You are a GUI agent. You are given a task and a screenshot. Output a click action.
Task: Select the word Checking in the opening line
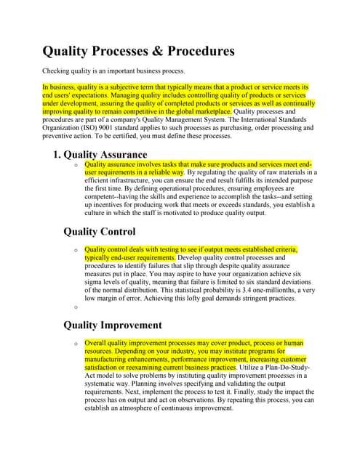coord(60,71)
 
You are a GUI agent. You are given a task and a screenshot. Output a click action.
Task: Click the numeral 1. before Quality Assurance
coord(57,154)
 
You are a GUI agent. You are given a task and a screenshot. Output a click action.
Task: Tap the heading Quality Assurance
coord(105,154)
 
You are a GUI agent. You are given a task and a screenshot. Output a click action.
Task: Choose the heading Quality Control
coord(100,232)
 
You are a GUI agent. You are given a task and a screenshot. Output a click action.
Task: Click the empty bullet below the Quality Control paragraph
coord(76,307)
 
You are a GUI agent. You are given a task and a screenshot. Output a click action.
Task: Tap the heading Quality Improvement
coord(112,325)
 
